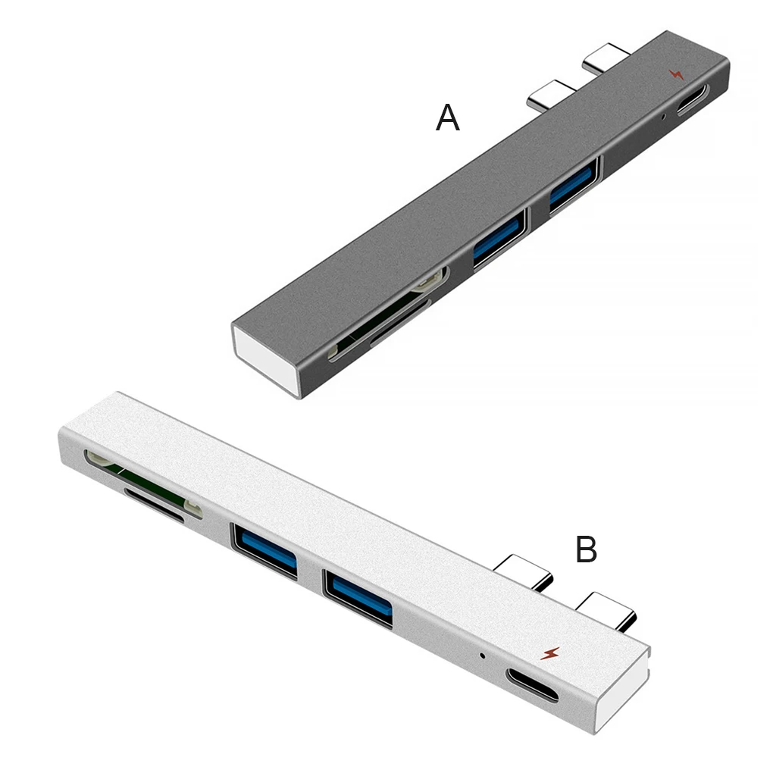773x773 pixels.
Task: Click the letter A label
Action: coord(447,118)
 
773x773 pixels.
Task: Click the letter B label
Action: coord(586,549)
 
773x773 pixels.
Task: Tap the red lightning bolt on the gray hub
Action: coord(675,74)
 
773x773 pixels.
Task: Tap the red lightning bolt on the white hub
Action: coord(549,653)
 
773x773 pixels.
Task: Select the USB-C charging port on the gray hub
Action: coord(692,99)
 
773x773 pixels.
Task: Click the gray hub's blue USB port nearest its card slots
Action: coord(498,238)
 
